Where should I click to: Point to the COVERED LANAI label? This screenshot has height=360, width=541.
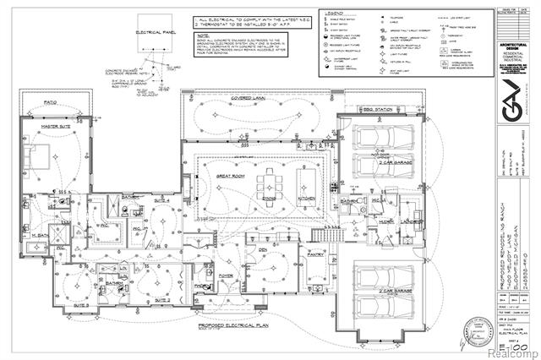(249, 99)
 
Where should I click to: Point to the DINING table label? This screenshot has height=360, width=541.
(269, 199)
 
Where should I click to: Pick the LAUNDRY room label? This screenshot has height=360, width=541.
(387, 222)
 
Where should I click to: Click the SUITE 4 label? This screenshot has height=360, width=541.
(161, 202)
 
